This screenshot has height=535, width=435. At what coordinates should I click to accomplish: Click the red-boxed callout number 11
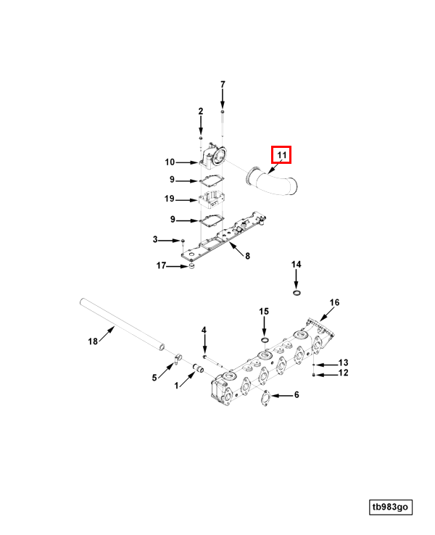(281, 155)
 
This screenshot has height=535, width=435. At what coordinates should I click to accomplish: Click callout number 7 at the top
(223, 85)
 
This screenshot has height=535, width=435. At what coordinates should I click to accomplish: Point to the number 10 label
(169, 162)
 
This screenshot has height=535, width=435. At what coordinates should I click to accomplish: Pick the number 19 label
(169, 199)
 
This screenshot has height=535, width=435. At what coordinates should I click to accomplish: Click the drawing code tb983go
(391, 507)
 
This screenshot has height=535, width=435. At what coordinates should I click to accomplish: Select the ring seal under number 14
(296, 293)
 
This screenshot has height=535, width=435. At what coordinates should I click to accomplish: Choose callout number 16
(334, 302)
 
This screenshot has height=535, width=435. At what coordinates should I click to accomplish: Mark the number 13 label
(344, 362)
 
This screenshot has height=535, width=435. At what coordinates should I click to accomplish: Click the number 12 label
(344, 373)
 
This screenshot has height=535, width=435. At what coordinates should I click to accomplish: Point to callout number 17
(161, 265)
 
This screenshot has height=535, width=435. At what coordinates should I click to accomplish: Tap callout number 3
(155, 240)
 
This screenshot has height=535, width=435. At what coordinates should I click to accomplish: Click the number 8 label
(247, 255)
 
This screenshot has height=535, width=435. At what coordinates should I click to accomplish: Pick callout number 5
(154, 377)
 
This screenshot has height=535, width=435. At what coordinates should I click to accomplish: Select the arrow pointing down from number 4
(204, 344)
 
